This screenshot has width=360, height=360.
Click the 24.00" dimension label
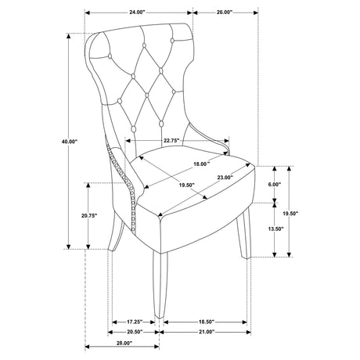click(x=137, y=13)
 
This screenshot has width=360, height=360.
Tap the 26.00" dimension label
click(x=225, y=13)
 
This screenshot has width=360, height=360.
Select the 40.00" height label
click(x=70, y=142)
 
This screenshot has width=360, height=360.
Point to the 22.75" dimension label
click(x=171, y=141)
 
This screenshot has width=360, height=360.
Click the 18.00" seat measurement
click(x=202, y=164)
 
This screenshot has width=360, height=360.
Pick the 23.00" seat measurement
click(x=225, y=178)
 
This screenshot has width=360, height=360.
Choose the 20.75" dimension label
click(x=89, y=215)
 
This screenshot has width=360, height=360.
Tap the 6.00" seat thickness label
click(x=275, y=185)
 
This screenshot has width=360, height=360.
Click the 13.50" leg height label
click(x=275, y=229)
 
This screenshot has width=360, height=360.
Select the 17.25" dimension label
click(x=135, y=322)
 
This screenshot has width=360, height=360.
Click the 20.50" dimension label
click(x=135, y=332)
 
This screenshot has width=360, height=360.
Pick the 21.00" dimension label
click(x=207, y=332)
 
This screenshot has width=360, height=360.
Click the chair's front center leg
click(x=160, y=285)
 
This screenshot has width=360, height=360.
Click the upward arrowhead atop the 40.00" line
click(x=69, y=36)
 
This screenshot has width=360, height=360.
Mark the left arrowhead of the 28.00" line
click(x=88, y=347)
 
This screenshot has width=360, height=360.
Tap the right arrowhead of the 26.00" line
click(x=255, y=13)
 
